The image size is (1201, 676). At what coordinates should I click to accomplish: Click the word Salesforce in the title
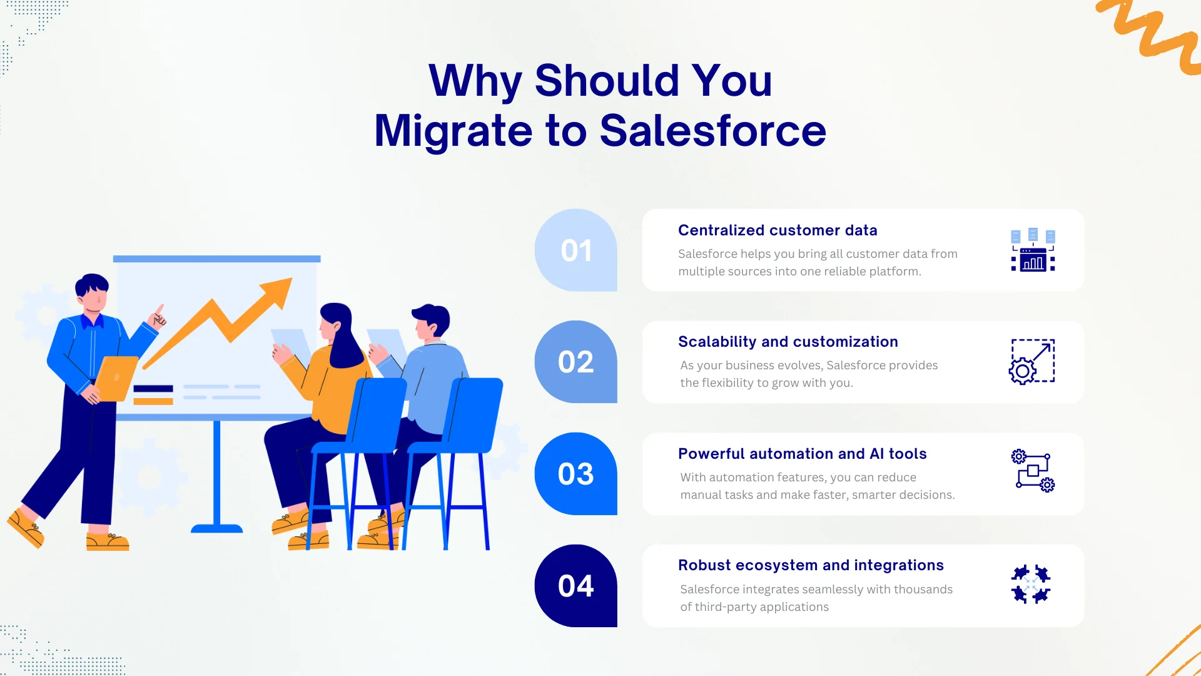(x=712, y=131)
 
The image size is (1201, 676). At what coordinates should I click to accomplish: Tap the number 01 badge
(x=576, y=250)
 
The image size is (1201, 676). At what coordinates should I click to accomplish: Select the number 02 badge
(x=576, y=362)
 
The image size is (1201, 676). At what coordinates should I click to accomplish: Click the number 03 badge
(x=576, y=474)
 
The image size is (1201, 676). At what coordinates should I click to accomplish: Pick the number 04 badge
(x=576, y=586)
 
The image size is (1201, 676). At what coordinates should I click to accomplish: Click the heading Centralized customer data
(x=778, y=230)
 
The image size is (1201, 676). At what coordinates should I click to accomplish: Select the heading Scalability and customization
(x=788, y=342)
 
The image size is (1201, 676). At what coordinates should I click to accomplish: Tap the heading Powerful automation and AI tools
(x=802, y=454)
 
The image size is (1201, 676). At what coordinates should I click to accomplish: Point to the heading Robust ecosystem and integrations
(x=811, y=565)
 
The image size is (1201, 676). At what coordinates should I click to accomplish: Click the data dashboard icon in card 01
(x=1033, y=250)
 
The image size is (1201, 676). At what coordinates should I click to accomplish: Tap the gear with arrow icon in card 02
(x=1032, y=362)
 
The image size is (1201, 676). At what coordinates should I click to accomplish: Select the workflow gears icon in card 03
(x=1033, y=471)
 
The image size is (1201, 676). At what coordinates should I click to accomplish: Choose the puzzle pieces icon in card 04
(x=1031, y=585)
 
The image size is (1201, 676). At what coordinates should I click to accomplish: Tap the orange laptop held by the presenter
(x=116, y=377)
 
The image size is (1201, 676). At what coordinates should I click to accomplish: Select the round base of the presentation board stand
(x=216, y=529)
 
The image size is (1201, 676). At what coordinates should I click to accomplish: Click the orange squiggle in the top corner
(x=1151, y=31)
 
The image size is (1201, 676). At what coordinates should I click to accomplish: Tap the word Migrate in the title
(x=454, y=131)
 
